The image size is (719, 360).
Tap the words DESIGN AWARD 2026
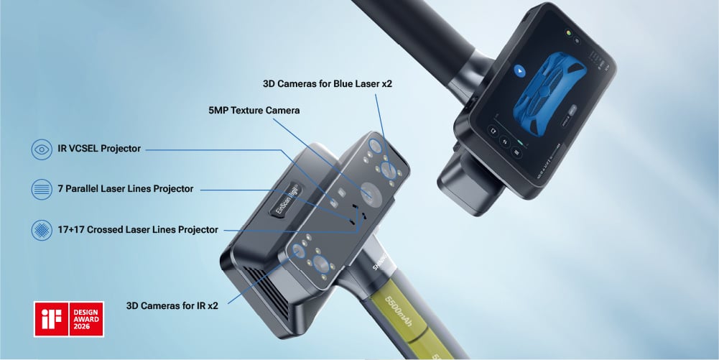point(86,319)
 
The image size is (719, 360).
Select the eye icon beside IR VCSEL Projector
point(42,149)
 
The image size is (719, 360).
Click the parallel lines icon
point(42,189)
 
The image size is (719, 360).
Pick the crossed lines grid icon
point(42,230)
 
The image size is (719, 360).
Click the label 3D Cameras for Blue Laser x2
point(327,84)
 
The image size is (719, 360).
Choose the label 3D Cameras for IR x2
point(172,305)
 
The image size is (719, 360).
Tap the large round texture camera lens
point(371,193)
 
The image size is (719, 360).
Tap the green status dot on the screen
point(567,33)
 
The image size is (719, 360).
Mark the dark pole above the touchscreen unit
point(417,36)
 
